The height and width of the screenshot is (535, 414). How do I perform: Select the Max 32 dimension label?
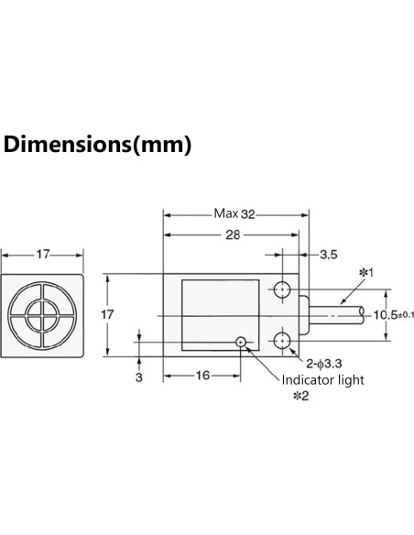pos(234,213)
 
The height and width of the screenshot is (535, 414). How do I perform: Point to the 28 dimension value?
pos(234,235)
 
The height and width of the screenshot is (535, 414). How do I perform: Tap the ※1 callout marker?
pos(365,272)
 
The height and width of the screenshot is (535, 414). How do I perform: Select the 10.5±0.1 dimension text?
pos(388,315)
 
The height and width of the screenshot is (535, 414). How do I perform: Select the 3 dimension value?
pos(137,375)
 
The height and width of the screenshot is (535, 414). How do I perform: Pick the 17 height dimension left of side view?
pos(108,315)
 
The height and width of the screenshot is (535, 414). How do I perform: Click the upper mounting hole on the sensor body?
pos(283,289)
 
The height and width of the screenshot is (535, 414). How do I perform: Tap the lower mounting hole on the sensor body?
pos(283,341)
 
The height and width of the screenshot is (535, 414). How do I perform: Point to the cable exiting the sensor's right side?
pos(339,315)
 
